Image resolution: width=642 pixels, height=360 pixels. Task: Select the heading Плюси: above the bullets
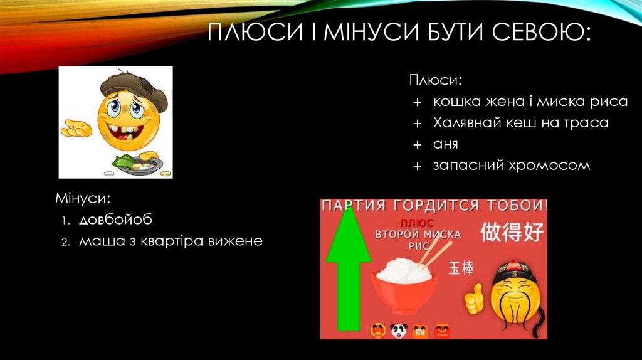[x=436, y=80]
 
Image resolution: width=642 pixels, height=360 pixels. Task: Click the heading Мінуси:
[x=83, y=199]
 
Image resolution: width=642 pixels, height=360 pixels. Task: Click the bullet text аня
[x=445, y=144]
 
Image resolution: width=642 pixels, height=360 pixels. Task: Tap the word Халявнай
[x=465, y=123]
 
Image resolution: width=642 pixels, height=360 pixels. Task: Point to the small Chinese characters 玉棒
[x=461, y=268]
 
